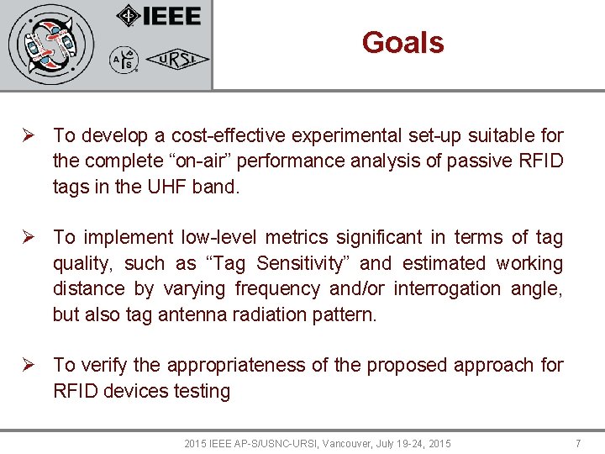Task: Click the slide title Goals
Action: tap(402, 42)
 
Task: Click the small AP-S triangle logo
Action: tap(124, 60)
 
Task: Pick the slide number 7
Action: tap(577, 443)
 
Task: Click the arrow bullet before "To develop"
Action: tap(29, 135)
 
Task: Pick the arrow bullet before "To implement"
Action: tap(29, 238)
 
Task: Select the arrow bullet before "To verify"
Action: tap(29, 365)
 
